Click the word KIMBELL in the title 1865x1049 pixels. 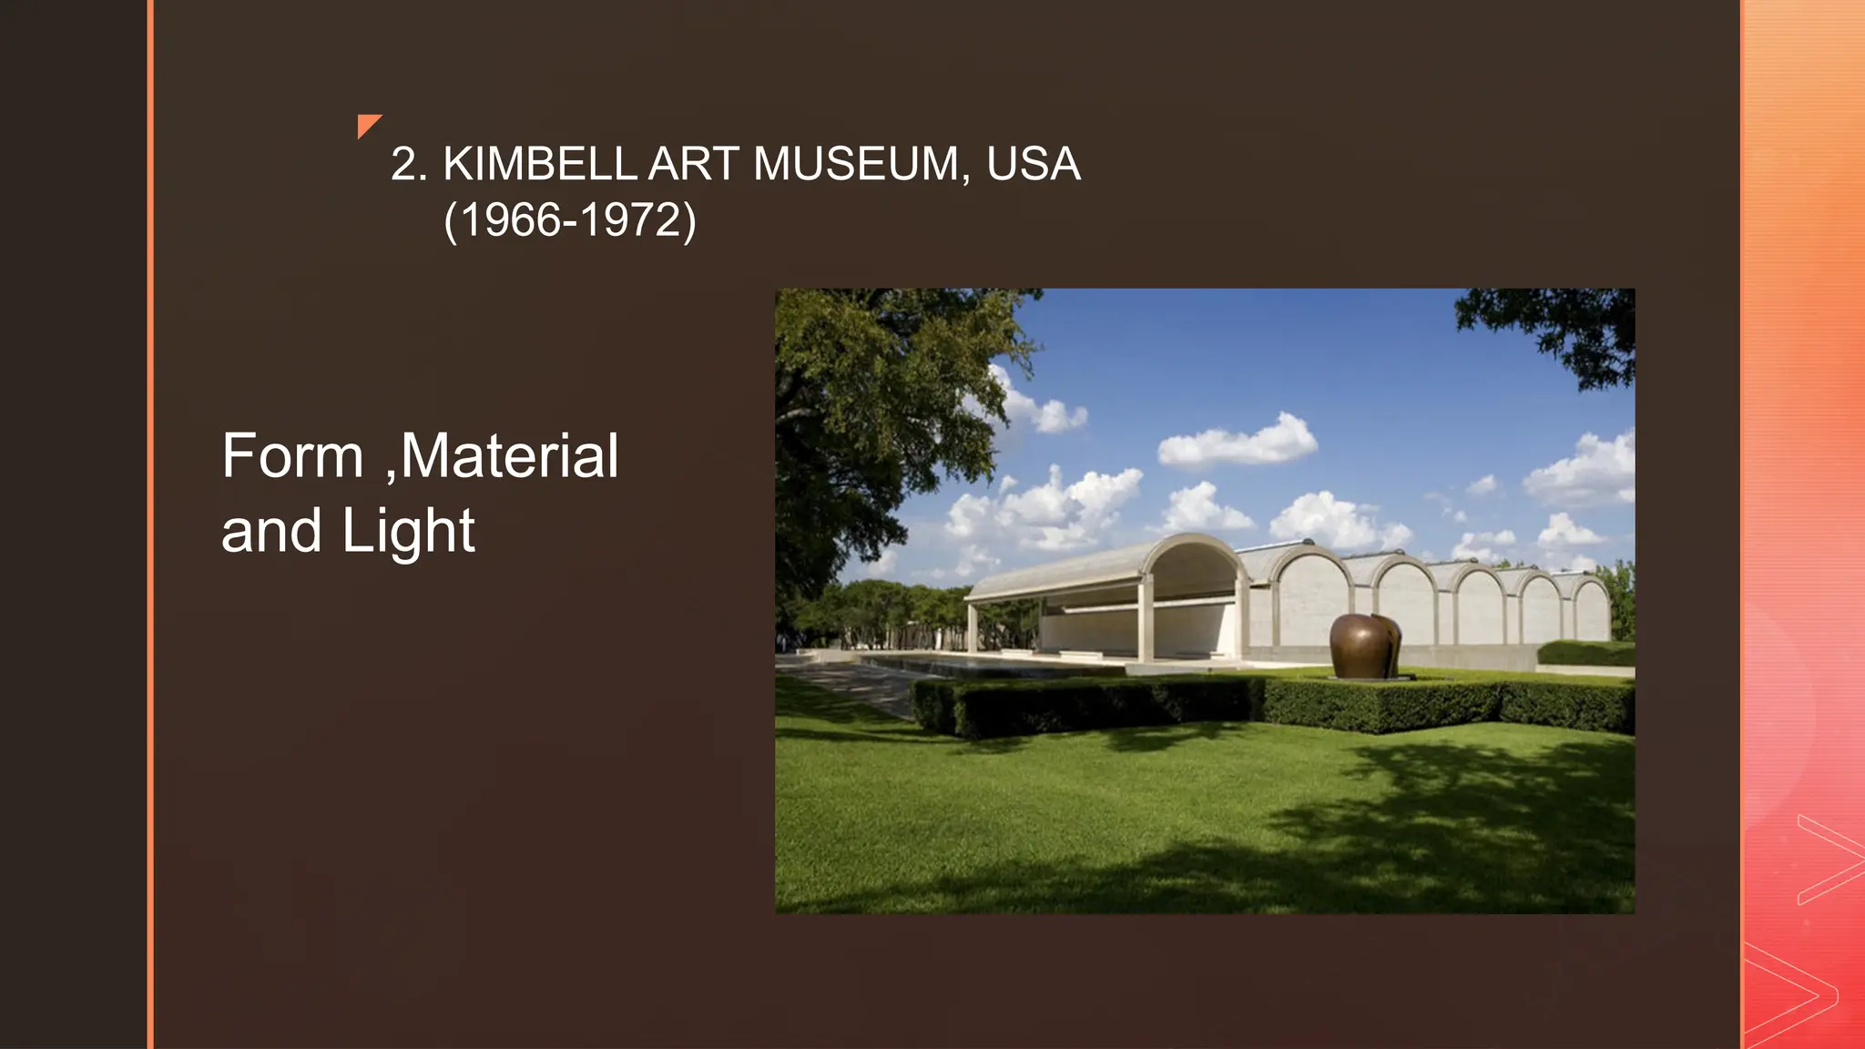(539, 165)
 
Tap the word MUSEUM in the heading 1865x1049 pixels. (855, 165)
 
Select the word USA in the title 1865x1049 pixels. (1033, 165)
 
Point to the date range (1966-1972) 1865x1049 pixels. (570, 220)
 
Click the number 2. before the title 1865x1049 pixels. (409, 165)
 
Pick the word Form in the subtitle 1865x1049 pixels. (292, 456)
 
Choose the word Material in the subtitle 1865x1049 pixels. (509, 456)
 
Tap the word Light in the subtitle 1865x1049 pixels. (408, 531)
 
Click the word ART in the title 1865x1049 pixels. (694, 165)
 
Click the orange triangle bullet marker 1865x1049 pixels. (367, 125)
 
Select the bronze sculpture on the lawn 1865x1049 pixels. (1364, 646)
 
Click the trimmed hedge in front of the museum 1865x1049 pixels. (1275, 705)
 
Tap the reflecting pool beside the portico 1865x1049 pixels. (956, 665)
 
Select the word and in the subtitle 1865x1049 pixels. (271, 531)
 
